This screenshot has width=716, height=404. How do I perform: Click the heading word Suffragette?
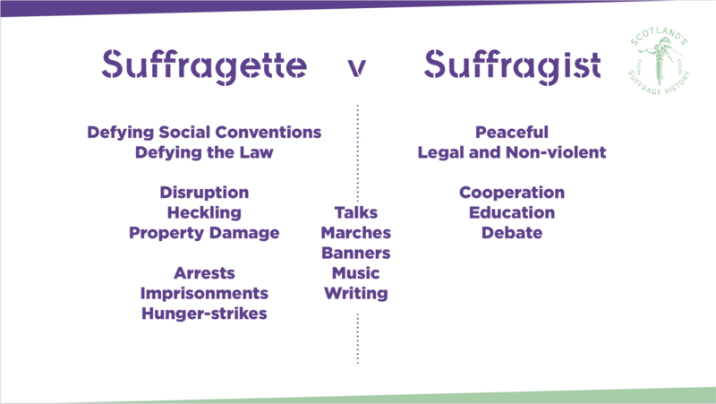click(204, 66)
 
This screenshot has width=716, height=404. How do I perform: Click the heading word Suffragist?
click(512, 66)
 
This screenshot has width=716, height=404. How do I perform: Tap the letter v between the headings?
click(356, 68)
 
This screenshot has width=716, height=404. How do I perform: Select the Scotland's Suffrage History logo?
click(659, 61)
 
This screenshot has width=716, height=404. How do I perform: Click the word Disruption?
click(204, 193)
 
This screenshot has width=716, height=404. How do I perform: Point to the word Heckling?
click(204, 213)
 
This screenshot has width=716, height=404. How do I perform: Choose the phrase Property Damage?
click(204, 233)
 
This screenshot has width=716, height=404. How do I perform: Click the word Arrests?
click(204, 273)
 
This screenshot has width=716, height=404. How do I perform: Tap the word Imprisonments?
click(204, 294)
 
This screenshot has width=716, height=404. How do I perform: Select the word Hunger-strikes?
click(204, 314)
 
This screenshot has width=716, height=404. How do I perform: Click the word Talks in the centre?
click(356, 212)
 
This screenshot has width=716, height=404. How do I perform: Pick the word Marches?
click(356, 233)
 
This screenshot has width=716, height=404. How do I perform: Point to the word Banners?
click(356, 253)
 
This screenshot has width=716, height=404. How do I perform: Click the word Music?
click(356, 273)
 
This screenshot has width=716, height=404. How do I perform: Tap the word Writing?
click(356, 294)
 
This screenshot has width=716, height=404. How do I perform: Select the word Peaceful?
click(512, 132)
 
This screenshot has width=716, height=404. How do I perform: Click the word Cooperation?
click(512, 193)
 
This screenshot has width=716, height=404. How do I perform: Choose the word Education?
click(512, 212)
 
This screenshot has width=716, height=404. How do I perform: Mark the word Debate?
click(512, 233)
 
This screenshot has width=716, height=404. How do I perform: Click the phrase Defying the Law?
click(204, 152)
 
